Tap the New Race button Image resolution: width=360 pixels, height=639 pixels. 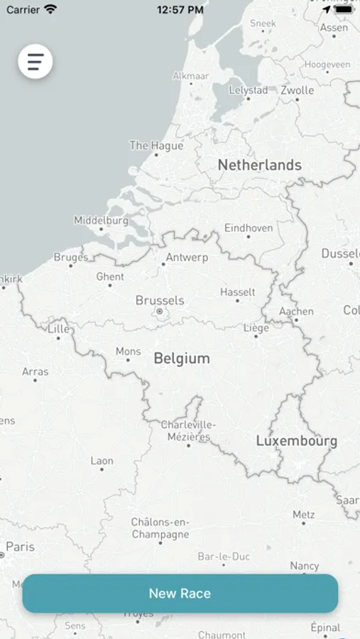(x=180, y=594)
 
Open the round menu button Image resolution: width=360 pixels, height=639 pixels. (x=36, y=61)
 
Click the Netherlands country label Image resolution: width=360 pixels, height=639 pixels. (x=259, y=165)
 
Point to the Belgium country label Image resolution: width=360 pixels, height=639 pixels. (x=182, y=358)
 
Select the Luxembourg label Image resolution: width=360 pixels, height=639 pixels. (x=296, y=441)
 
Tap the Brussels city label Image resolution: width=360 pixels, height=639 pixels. (x=160, y=300)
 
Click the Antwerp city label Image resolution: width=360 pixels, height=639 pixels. (x=187, y=257)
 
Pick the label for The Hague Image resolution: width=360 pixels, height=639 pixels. (x=156, y=146)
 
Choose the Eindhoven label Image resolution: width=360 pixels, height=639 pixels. (x=249, y=228)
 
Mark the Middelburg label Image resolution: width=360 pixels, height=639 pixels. (x=102, y=221)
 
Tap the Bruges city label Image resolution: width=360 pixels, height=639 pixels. (x=71, y=257)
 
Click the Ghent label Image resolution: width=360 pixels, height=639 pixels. (x=110, y=277)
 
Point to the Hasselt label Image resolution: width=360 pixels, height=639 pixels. (x=237, y=292)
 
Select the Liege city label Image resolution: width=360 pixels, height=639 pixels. (x=256, y=328)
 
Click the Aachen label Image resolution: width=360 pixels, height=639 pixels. (x=296, y=311)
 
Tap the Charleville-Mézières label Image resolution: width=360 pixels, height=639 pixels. (x=188, y=430)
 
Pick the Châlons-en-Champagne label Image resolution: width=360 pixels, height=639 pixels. (x=160, y=528)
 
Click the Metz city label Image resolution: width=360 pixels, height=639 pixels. (x=303, y=515)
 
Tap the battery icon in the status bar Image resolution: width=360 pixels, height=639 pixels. (x=344, y=10)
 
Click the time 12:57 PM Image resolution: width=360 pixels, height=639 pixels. (x=180, y=10)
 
